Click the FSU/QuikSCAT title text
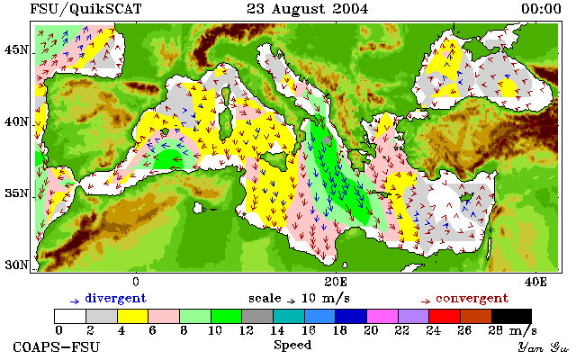click(85, 9)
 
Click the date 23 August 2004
click(308, 9)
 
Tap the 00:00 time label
click(541, 9)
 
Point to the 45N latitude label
click(16, 49)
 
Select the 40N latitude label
click(16, 121)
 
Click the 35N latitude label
click(16, 193)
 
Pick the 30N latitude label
click(16, 265)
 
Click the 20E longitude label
click(336, 282)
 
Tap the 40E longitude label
click(535, 282)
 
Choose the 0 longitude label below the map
click(136, 282)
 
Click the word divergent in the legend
click(116, 299)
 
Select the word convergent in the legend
click(472, 299)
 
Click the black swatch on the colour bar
click(511, 317)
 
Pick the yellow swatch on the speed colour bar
click(133, 317)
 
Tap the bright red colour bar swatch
click(445, 317)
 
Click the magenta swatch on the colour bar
click(382, 317)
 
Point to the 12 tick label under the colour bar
click(246, 330)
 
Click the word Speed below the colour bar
click(292, 346)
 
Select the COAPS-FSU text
click(57, 347)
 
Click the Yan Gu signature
click(544, 347)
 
